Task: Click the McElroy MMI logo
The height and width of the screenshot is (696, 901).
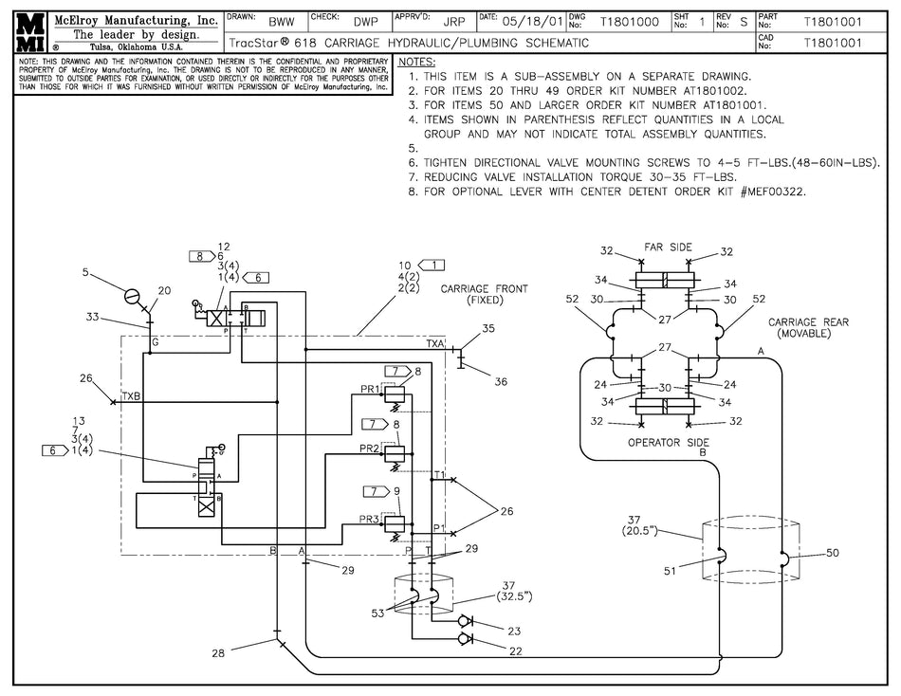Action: point(27,31)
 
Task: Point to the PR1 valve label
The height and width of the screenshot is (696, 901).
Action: point(370,389)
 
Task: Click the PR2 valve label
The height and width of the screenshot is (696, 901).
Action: point(370,447)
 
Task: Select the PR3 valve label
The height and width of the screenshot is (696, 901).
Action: point(370,519)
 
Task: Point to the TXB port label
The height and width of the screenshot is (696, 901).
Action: point(131,395)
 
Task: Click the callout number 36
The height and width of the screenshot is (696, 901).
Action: point(502,381)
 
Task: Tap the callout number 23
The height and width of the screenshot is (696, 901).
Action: point(514,631)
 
